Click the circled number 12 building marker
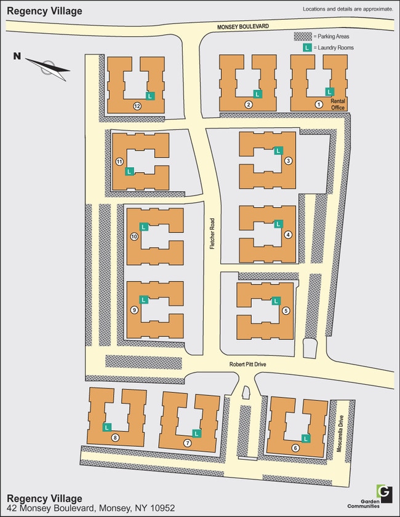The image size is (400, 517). click(137, 106)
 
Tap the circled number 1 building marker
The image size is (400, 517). click(318, 105)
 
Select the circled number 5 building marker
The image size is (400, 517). click(286, 311)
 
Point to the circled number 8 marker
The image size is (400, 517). click(115, 438)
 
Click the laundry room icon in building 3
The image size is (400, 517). click(278, 150)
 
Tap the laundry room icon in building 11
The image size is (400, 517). click(129, 171)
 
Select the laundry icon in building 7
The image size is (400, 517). click(196, 433)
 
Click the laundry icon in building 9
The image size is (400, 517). click(144, 300)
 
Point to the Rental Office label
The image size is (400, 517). click(338, 104)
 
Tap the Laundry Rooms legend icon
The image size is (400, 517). click(305, 47)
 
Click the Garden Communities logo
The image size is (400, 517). click(385, 492)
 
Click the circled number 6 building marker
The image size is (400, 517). click(295, 448)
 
